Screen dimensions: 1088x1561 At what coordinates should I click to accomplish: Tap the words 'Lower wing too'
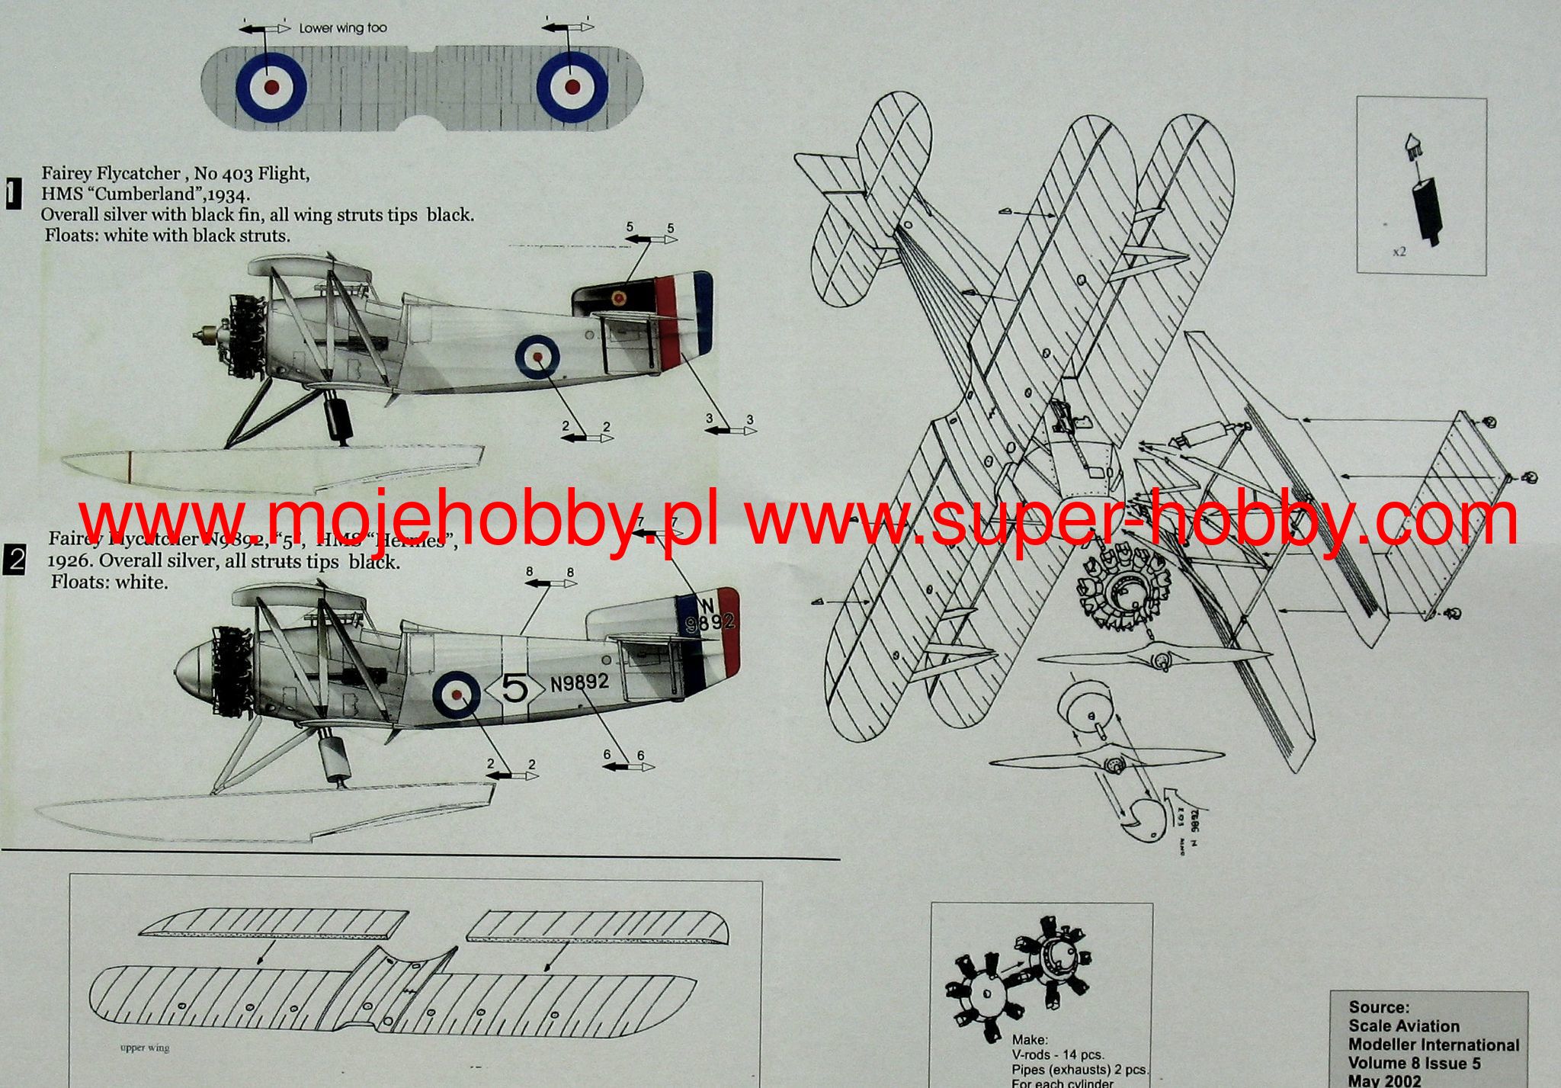coord(342,28)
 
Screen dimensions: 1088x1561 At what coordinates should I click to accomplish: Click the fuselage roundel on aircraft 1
coord(537,356)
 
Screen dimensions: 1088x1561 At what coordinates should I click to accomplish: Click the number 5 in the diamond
coord(515,690)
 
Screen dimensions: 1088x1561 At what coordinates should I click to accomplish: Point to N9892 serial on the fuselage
coord(579,682)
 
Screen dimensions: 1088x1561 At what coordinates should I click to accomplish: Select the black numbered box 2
coord(14,561)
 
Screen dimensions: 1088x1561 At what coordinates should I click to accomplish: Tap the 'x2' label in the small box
coord(1399,252)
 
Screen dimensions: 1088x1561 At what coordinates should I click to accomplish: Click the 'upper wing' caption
coord(145,1048)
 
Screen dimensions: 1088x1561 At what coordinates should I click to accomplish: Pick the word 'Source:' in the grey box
coord(1379,1007)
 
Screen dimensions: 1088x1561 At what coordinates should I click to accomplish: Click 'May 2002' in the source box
coord(1384,1080)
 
